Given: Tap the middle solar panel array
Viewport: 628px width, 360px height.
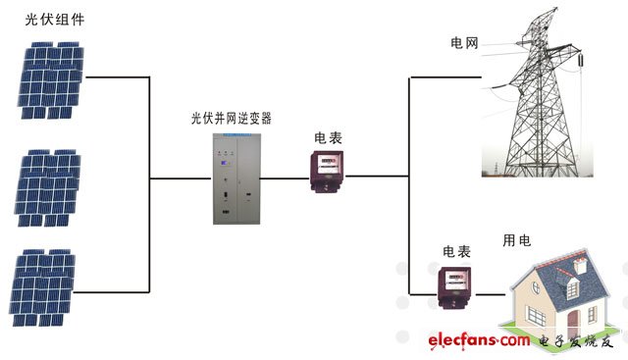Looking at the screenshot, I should tap(48, 180).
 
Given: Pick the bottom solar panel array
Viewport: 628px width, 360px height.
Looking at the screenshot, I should tap(45, 288).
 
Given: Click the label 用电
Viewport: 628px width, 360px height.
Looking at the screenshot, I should tap(517, 239).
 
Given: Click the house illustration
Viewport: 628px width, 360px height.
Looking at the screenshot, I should tap(557, 294).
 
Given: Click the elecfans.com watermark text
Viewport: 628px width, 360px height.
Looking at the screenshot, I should tap(478, 341).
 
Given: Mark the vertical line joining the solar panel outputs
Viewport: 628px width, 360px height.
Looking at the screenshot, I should tap(150, 182).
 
